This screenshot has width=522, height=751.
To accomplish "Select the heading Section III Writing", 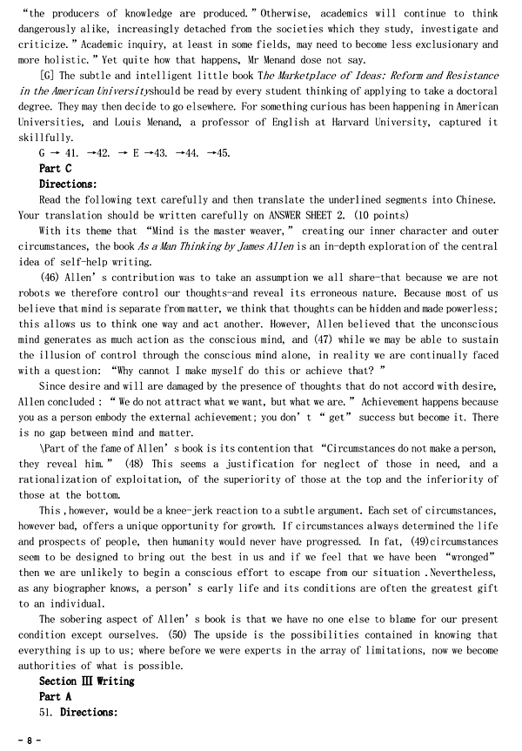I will click(87, 681).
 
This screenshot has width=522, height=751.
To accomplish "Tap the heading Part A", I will click(56, 696).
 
